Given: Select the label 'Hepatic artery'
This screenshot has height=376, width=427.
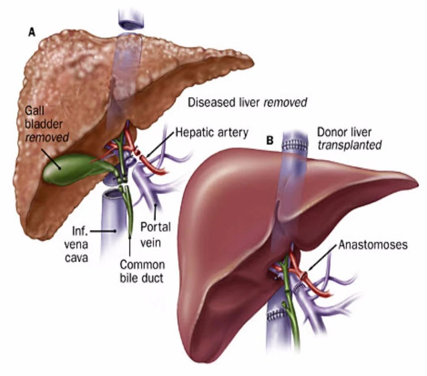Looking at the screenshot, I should pos(212,133).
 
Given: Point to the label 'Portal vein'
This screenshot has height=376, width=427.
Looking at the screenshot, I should pos(155,234).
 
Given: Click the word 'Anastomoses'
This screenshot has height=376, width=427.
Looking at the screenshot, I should pos(373,245).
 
